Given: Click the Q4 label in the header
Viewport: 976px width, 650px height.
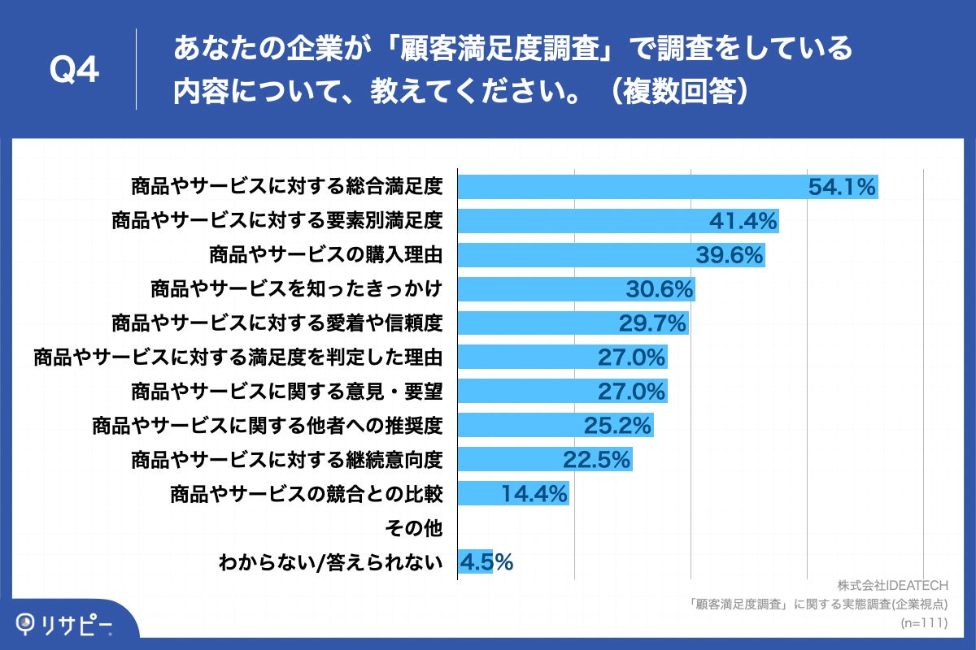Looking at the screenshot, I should [74, 71].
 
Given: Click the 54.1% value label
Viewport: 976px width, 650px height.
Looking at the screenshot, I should [841, 187].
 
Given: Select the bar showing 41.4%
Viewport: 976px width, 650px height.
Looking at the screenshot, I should [618, 220].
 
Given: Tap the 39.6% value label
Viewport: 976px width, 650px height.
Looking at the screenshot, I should [730, 255].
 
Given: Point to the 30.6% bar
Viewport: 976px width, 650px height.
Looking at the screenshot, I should [576, 288].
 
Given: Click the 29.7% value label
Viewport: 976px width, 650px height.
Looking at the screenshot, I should [653, 323].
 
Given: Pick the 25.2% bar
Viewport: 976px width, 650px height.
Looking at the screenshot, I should [555, 425].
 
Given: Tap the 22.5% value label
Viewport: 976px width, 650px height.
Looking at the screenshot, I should [596, 460].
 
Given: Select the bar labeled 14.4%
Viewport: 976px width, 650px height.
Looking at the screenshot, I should [512, 493].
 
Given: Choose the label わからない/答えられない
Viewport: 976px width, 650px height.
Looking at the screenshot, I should [330, 562].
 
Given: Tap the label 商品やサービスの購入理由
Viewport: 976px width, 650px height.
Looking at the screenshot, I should [325, 255].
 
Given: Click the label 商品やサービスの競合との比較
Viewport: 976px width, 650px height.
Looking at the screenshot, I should [306, 494].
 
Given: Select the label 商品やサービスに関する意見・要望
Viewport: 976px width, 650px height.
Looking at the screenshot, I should [286, 392].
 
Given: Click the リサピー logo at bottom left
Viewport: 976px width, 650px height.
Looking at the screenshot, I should [65, 623].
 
